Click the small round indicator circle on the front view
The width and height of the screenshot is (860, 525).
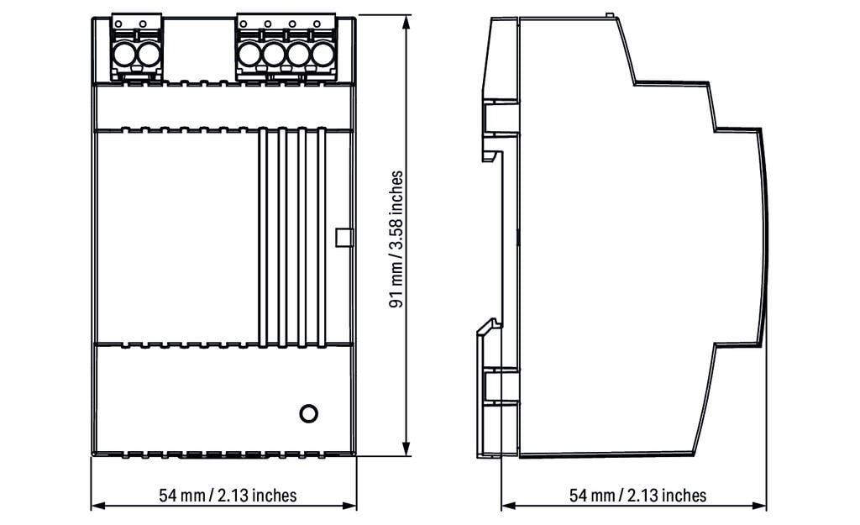pyautogui.click(x=308, y=412)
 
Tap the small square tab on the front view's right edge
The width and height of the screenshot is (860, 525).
pyautogui.click(x=342, y=238)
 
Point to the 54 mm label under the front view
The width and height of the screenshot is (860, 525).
pyautogui.click(x=228, y=495)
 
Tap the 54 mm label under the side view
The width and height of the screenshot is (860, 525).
pyautogui.click(x=638, y=495)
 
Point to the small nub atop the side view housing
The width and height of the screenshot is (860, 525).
pyautogui.click(x=607, y=14)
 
